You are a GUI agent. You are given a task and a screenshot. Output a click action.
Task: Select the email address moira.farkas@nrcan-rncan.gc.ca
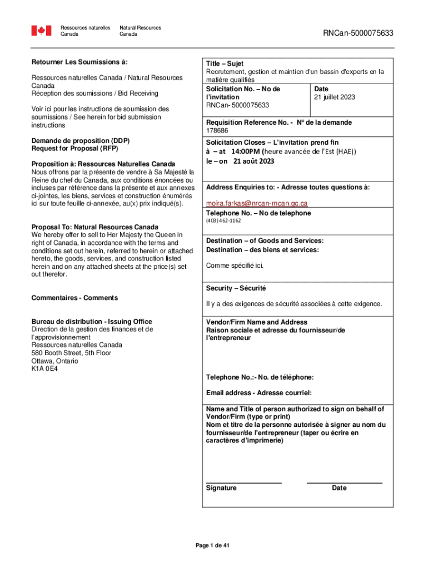click(256, 203)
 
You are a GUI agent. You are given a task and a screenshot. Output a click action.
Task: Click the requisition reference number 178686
click(217, 131)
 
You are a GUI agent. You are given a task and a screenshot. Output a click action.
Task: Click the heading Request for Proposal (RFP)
click(74, 149)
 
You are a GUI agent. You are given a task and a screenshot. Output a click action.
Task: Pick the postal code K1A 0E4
click(45, 368)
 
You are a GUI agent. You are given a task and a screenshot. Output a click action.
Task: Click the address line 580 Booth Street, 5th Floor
click(71, 353)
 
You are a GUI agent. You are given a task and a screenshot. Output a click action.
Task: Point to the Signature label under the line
click(221, 488)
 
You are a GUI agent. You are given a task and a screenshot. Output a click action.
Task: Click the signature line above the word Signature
click(243, 483)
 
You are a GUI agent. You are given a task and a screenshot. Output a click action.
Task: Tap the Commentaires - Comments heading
click(74, 298)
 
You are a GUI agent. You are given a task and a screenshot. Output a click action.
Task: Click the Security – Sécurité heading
click(236, 288)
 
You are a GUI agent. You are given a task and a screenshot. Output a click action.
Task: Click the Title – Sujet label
click(225, 64)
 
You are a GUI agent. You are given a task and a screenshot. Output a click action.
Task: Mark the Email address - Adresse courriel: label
click(258, 393)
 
